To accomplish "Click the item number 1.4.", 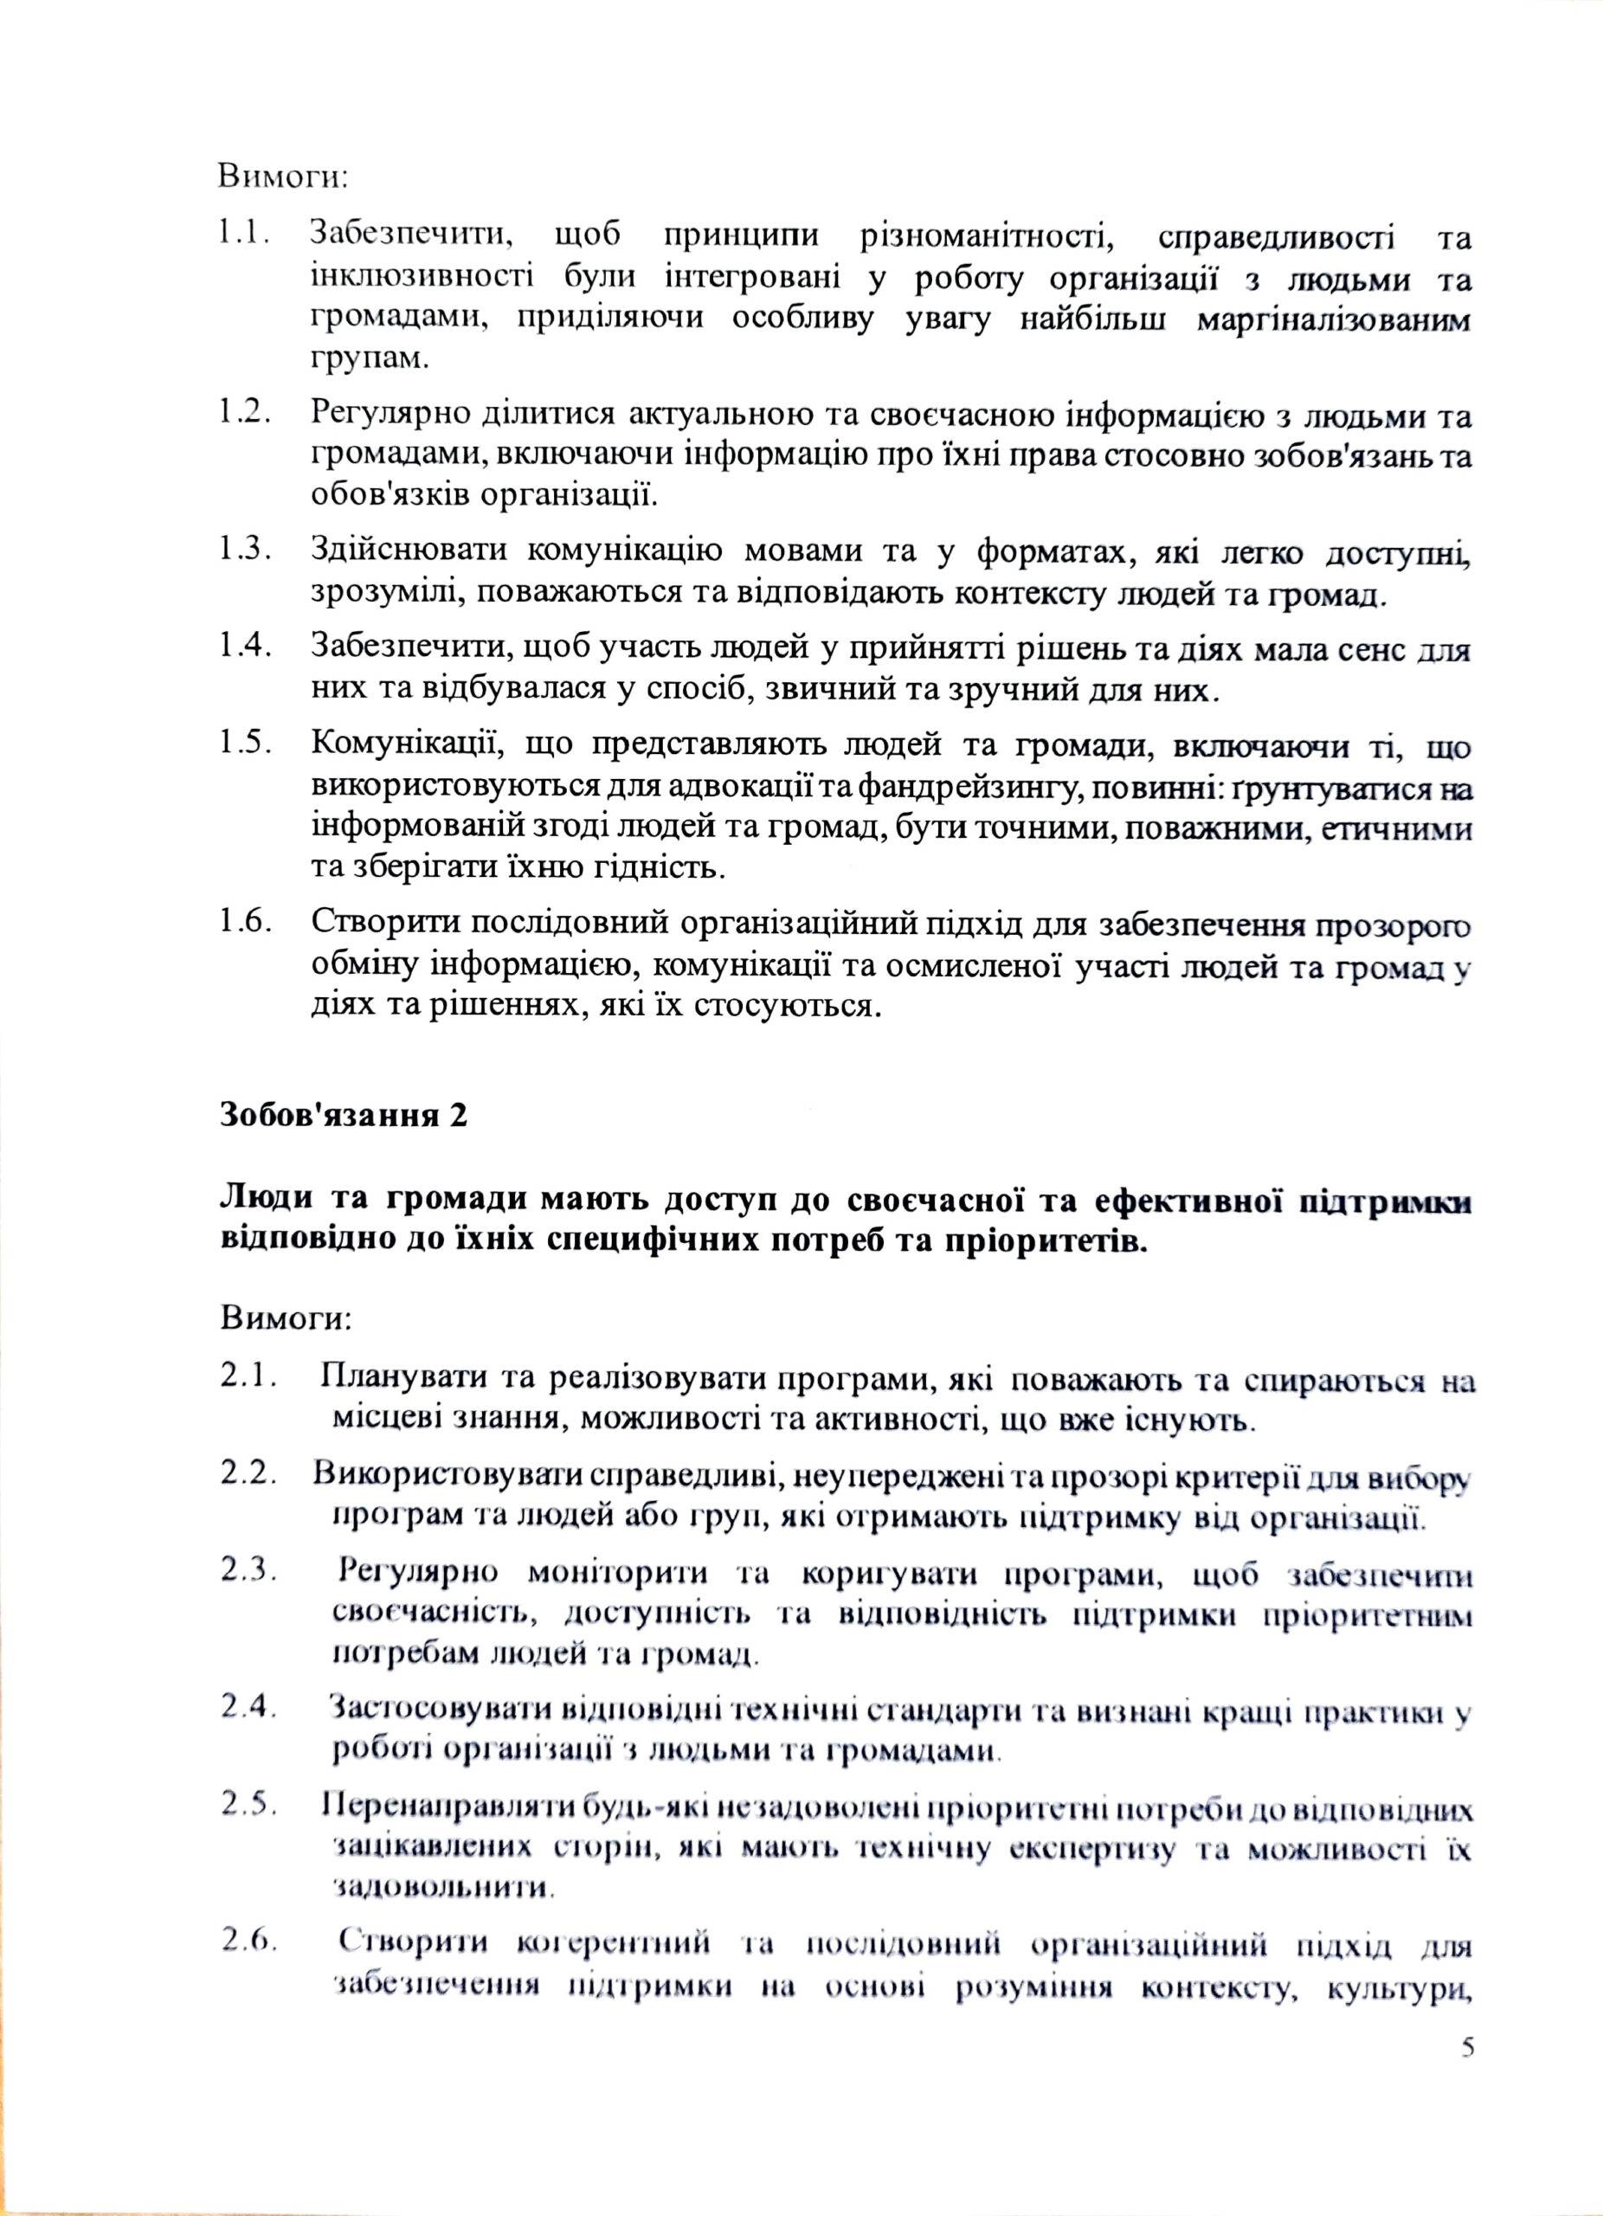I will click(x=244, y=647).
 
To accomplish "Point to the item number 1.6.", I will click(x=244, y=921).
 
